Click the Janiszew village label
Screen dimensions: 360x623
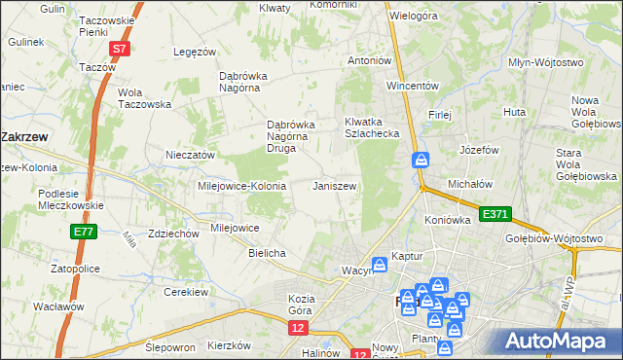pos(334,186)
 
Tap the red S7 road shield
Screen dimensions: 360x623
pos(119,49)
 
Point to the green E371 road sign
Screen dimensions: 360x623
pos(495,214)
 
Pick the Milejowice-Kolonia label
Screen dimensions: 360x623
pos(241,186)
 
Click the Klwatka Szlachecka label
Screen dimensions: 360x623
pos(372,127)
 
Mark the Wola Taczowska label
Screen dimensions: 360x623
pos(144,98)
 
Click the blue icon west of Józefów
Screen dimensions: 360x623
pos(421,159)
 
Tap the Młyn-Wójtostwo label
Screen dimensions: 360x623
pos(545,62)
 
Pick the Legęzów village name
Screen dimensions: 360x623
pos(193,52)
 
